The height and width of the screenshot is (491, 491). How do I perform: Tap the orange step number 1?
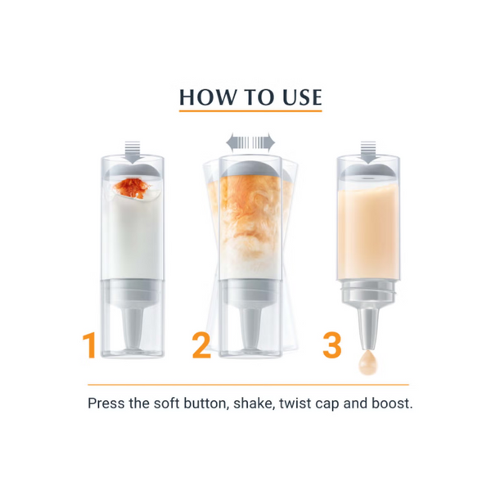[89, 345]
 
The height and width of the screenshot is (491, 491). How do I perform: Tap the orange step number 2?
[201, 345]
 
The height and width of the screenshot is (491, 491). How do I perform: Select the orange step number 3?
[332, 345]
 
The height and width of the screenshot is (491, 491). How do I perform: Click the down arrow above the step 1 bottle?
[132, 152]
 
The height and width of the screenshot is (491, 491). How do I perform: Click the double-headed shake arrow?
[250, 142]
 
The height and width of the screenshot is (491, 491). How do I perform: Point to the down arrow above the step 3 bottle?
[368, 152]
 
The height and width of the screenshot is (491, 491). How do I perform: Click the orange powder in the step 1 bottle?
[132, 188]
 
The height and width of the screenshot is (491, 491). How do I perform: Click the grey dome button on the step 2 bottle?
[250, 169]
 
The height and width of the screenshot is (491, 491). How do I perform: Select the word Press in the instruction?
[106, 403]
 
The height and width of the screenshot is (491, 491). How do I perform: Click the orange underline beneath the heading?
[250, 110]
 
